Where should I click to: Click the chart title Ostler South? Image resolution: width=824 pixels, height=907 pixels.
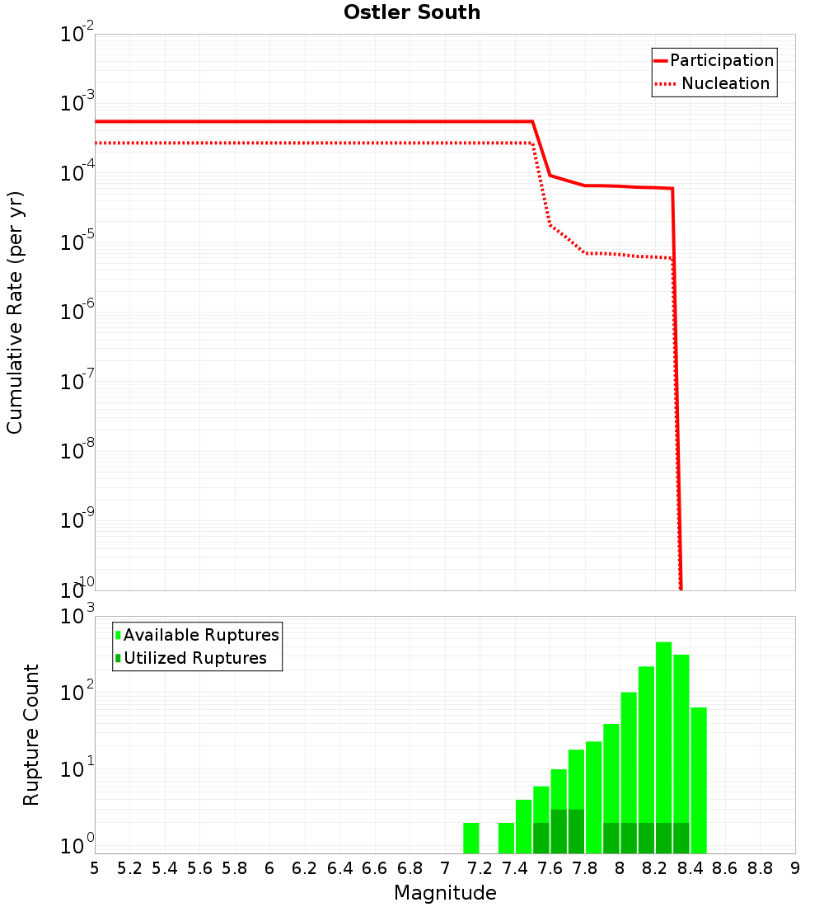click(412, 12)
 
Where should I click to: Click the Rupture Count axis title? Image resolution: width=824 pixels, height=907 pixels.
click(31, 735)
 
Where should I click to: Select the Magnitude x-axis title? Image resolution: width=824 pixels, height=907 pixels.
click(445, 893)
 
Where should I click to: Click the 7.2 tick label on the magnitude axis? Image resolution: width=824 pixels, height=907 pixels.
click(480, 868)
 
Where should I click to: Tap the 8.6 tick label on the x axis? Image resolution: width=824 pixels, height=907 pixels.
click(725, 868)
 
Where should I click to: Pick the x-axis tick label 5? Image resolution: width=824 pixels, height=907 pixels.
click(95, 868)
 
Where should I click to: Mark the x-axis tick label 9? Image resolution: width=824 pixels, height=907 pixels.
click(795, 868)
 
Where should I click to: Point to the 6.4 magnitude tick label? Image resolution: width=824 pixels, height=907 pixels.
click(339, 868)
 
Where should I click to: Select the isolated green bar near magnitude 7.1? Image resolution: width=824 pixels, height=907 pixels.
click(471, 838)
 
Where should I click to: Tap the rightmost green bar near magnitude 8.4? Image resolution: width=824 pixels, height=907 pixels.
click(699, 779)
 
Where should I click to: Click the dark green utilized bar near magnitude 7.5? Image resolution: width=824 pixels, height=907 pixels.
click(541, 838)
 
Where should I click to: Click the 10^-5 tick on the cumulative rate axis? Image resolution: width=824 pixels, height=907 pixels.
click(79, 243)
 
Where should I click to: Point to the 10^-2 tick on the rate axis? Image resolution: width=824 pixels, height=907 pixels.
click(79, 35)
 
